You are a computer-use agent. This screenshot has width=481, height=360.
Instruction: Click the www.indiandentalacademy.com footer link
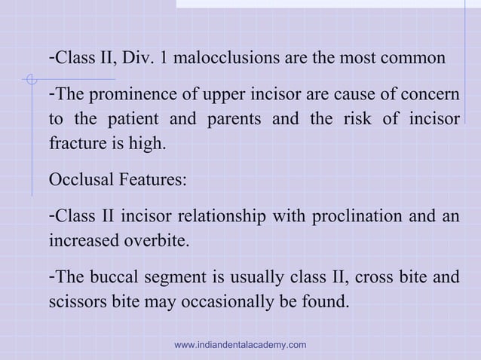240,344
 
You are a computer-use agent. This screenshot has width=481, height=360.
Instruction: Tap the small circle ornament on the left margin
29,78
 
